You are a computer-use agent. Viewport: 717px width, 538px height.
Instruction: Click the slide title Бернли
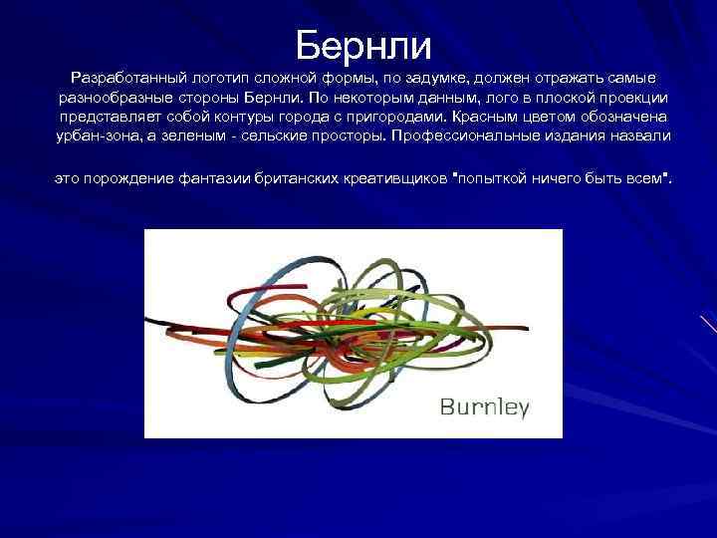pos(363,45)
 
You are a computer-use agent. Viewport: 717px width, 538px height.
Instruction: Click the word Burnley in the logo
pos(485,406)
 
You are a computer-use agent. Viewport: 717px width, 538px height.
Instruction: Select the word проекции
pos(633,98)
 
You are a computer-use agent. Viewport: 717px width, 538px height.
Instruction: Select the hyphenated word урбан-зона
pos(96,135)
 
